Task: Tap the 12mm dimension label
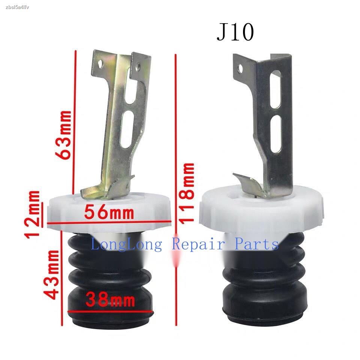[32, 215]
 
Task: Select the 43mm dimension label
[51, 274]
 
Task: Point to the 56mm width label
[109, 212]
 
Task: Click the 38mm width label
[110, 300]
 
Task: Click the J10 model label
[235, 32]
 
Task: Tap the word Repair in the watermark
[198, 244]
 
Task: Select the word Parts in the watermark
[256, 244]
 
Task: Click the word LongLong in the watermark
[126, 244]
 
